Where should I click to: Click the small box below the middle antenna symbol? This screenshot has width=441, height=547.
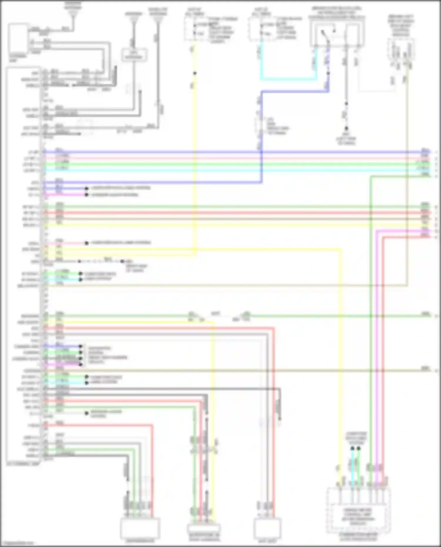(x=134, y=55)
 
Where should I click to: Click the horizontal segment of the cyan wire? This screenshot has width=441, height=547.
(x=288, y=79)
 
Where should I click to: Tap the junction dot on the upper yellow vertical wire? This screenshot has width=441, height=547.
(x=194, y=73)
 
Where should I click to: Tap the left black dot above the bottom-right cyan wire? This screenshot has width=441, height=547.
(x=352, y=449)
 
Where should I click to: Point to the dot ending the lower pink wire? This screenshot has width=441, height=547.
(x=87, y=243)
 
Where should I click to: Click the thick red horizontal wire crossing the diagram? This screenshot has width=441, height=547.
(x=235, y=213)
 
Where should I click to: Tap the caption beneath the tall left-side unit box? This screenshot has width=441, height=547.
(x=23, y=464)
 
